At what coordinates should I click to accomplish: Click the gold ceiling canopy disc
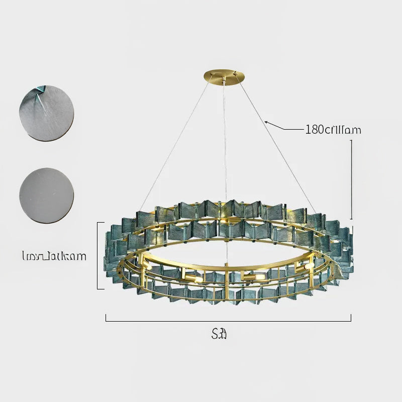(225, 76)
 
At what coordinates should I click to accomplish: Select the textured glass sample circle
(46, 113)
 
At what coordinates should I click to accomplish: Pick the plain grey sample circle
(46, 195)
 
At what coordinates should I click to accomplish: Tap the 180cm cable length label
(333, 130)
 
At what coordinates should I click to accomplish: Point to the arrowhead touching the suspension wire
(267, 122)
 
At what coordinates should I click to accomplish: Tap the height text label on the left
(54, 256)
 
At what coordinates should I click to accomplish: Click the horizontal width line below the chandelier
(228, 318)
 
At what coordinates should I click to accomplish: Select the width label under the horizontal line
(220, 333)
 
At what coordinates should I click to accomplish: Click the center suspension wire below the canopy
(225, 151)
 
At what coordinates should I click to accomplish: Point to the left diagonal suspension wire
(176, 146)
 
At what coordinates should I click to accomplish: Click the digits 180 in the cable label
(315, 130)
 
